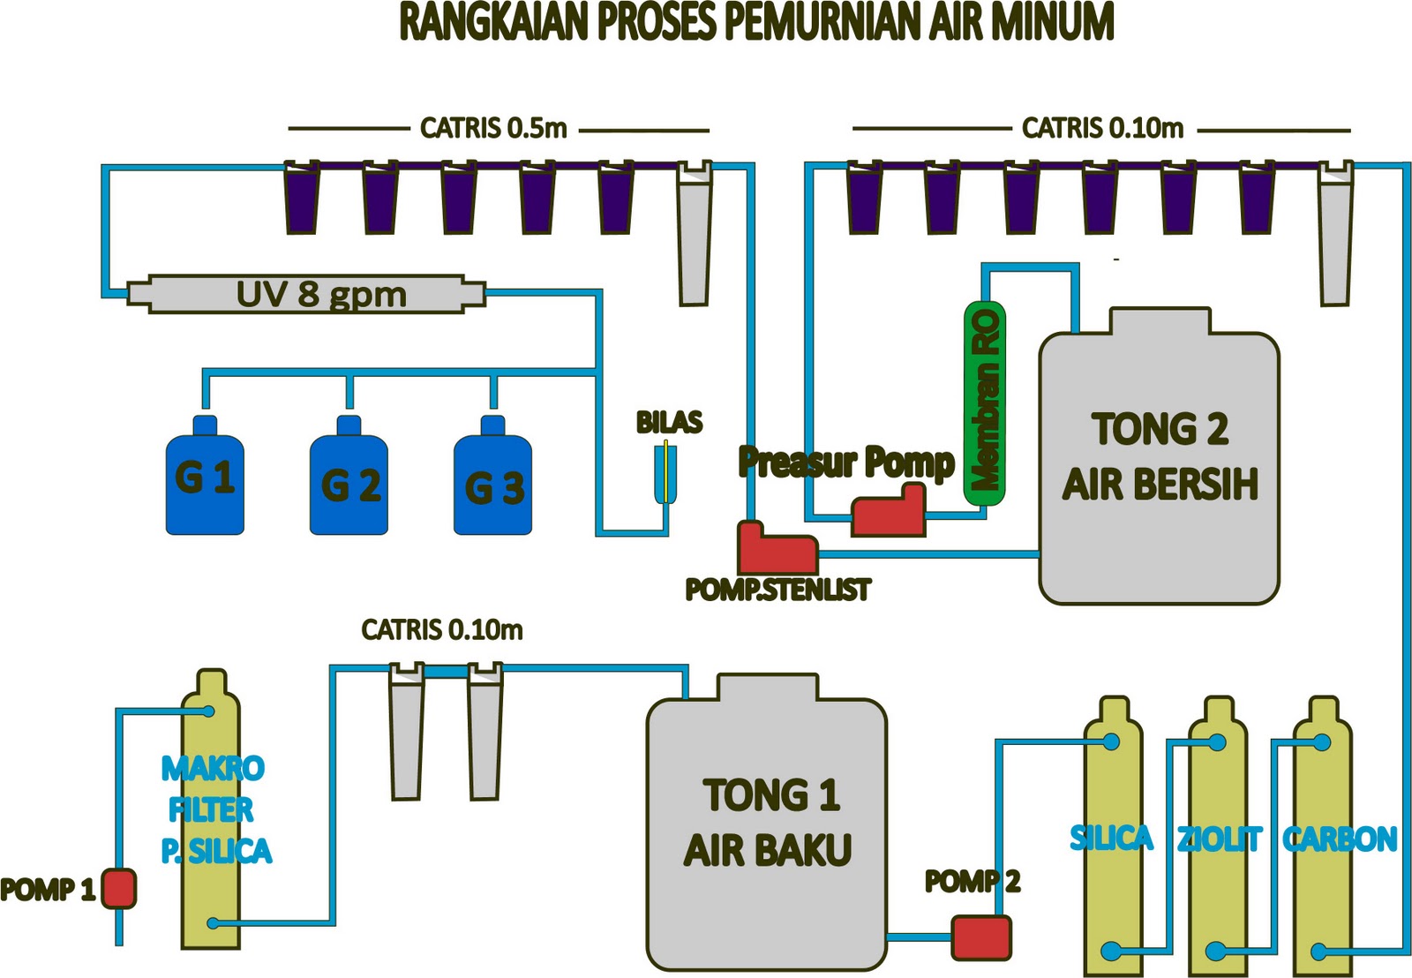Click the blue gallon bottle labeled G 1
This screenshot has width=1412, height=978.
coord(205,481)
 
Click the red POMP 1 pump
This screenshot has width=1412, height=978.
coord(118,888)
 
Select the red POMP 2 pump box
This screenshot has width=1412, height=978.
coord(981,937)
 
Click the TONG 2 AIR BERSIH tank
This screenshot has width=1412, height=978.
coord(1159,468)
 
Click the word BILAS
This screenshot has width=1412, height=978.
coord(669,423)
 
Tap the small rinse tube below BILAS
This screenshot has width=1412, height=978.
coord(665,474)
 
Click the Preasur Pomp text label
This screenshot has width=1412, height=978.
coord(846,462)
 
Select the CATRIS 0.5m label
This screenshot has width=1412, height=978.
coord(493,129)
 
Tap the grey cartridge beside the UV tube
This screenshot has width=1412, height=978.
coord(694,234)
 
